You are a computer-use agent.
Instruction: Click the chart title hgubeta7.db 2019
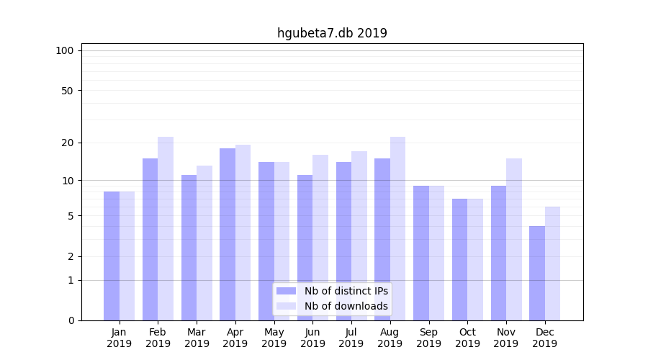point(332,33)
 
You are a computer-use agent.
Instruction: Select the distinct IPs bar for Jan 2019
point(112,256)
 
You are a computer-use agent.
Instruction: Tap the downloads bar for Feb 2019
point(166,228)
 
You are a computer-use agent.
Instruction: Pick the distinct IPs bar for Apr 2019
point(228,234)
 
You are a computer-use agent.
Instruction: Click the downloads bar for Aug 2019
point(397,228)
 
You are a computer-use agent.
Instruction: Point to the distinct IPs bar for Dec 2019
point(537,273)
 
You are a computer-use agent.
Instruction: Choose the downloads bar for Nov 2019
point(514,239)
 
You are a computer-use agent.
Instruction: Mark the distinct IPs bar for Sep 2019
point(421,253)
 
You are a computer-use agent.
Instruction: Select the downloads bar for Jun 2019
point(320,238)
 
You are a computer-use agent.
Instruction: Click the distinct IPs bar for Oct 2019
point(459,259)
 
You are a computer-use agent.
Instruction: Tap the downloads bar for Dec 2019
point(553,264)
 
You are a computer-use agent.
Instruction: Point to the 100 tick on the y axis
point(65,50)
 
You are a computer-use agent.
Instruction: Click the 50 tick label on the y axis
point(68,91)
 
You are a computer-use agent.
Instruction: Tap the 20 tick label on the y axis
point(68,143)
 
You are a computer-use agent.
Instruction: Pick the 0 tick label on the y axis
point(71,320)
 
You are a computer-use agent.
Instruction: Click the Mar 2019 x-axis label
point(197,338)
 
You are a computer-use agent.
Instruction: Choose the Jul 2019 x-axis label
point(351,338)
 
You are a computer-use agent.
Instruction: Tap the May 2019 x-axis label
point(274,338)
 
